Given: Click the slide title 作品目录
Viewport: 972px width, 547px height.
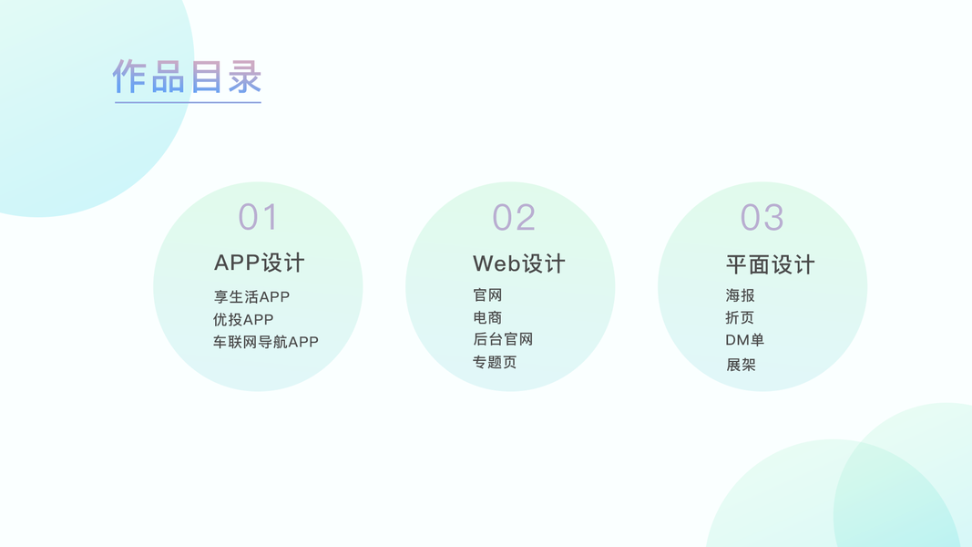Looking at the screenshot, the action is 187,77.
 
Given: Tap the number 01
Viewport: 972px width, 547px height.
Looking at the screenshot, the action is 258,217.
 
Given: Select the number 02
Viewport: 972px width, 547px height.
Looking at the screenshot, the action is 514,218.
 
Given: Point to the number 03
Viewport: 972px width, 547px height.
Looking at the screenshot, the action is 762,218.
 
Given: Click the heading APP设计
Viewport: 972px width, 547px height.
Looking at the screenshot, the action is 260,263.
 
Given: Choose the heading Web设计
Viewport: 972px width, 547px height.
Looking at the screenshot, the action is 519,263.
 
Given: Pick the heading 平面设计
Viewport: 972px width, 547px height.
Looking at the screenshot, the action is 770,264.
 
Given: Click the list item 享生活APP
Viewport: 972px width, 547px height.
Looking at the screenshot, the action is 251,296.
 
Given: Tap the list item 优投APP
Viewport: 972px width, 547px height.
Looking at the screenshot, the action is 243,319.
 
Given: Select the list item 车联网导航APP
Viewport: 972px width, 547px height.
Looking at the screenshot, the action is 266,342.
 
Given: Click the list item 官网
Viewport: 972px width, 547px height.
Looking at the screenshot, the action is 487,295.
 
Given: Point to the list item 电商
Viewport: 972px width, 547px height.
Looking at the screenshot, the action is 487,317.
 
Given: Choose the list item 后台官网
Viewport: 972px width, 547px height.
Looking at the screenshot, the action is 502,339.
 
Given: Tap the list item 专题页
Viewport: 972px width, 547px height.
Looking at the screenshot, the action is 495,362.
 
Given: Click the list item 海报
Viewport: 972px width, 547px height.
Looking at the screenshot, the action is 740,295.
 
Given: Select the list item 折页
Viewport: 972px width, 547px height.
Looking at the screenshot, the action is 740,317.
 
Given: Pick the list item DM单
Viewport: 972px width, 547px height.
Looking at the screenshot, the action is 744,340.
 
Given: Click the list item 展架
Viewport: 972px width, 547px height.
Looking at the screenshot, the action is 741,365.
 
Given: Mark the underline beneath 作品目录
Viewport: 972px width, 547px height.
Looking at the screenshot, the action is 188,102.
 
